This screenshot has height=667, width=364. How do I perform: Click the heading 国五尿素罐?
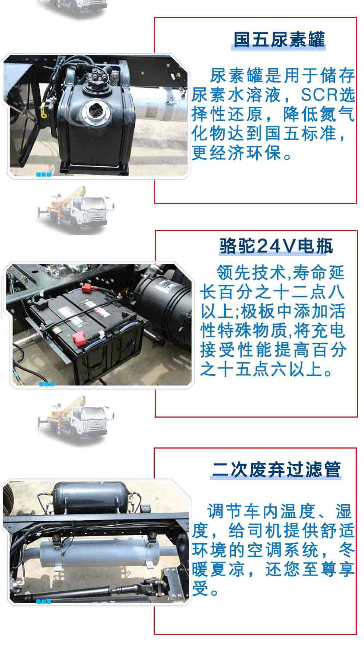[279, 39]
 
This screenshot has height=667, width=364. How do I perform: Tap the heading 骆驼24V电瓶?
[276, 246]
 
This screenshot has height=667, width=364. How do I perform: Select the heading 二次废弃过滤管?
[276, 469]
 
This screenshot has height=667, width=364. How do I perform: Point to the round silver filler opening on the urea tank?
[94, 109]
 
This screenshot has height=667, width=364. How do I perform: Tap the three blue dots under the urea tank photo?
[44, 175]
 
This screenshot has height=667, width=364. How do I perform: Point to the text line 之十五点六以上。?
[266, 370]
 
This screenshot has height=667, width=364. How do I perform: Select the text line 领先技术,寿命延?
[280, 272]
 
